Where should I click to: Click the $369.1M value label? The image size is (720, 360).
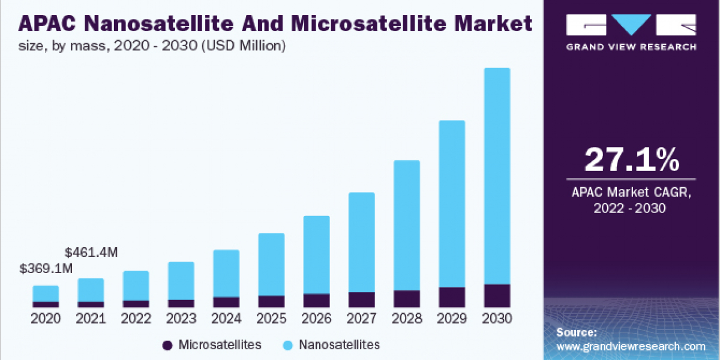point(46,269)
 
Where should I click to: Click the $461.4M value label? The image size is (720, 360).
point(91,252)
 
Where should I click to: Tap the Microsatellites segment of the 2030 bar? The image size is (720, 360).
point(497,296)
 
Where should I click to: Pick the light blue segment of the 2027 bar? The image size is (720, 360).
point(361,242)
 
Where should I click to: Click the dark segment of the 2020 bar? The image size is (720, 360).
point(46,304)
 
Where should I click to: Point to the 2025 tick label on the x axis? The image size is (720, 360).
point(271,319)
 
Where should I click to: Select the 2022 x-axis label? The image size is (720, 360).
point(136,319)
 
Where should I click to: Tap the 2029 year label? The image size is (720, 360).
point(452,319)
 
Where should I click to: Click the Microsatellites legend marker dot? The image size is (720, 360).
point(167,346)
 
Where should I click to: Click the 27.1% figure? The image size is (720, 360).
point(632,160)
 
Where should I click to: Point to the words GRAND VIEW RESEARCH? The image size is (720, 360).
point(632,47)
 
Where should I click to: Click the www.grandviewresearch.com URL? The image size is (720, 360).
point(631,346)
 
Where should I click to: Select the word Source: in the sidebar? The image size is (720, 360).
point(576,332)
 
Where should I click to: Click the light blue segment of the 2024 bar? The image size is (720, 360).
point(226,273)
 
